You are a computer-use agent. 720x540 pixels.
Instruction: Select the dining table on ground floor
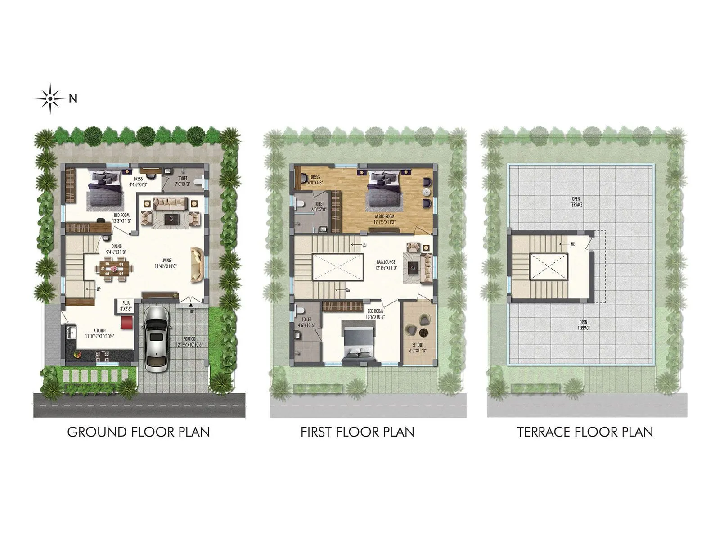point(115,269)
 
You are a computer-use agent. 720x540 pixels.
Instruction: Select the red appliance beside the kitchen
point(126,322)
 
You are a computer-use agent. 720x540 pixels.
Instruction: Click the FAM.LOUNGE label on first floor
point(386,264)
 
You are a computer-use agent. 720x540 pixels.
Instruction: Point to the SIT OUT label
point(418,347)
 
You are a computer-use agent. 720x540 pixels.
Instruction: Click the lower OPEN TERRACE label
point(583,325)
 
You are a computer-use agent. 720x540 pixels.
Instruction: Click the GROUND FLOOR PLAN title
point(139,432)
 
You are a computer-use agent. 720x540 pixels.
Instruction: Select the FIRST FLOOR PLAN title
point(357,432)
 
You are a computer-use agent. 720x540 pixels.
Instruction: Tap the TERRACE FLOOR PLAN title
point(585,432)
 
